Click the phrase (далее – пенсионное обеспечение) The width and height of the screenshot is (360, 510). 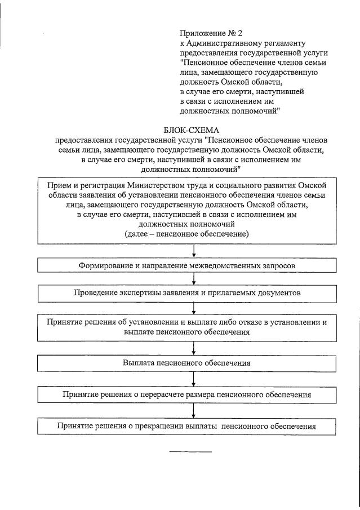tap(186, 233)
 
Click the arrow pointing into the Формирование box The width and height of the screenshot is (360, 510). tap(194, 251)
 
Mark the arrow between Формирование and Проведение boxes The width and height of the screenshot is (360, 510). tap(194, 278)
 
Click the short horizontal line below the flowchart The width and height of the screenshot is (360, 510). tap(190, 451)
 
